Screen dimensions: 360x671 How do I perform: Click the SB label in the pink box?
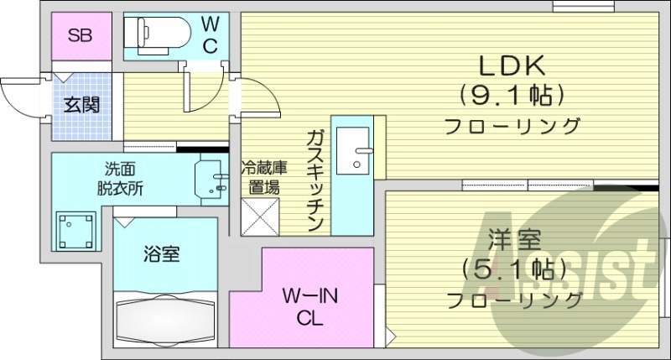pyautogui.click(x=80, y=36)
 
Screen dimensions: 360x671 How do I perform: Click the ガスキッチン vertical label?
pyautogui.click(x=315, y=180)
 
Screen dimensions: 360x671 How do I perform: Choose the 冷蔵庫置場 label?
pyautogui.click(x=264, y=177)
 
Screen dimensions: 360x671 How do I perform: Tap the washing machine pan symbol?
pyautogui.click(x=75, y=227)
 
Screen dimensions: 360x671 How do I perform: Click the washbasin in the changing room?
pyautogui.click(x=211, y=177)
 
